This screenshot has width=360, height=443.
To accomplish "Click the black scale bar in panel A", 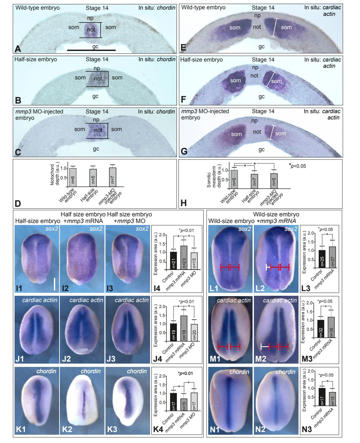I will pyautogui.click(x=91, y=50).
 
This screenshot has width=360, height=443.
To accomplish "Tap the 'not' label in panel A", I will pyautogui.click(x=91, y=30).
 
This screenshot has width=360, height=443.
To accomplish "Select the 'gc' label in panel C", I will pyautogui.click(x=96, y=149).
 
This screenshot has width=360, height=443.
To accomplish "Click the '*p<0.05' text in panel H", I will pyautogui.click(x=297, y=166).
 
